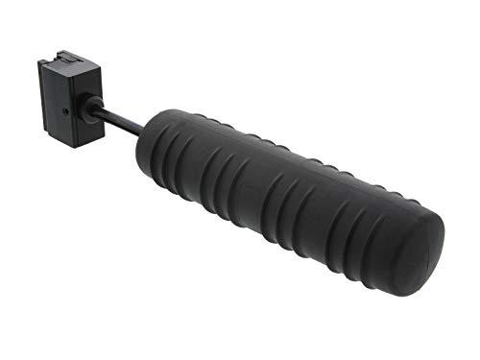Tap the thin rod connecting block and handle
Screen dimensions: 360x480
124,122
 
